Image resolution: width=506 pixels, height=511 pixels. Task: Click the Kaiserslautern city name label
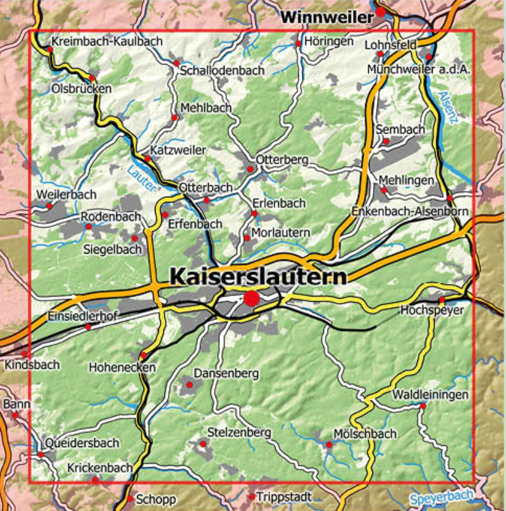258,276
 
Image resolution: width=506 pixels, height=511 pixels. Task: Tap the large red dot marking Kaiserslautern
252,299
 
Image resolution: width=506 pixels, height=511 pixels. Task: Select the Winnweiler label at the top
328,18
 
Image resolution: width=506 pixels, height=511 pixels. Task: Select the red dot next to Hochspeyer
441,300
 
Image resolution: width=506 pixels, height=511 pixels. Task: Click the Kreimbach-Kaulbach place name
108,40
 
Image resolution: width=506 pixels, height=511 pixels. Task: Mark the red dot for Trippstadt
252,497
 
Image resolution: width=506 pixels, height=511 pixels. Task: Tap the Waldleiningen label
431,395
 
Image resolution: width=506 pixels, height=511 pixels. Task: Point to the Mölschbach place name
364,434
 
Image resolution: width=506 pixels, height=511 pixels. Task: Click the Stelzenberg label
239,433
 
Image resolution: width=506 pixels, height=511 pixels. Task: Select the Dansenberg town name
226,373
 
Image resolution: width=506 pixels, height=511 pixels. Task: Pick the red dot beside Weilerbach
49,205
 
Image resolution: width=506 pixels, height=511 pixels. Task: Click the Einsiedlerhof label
82,316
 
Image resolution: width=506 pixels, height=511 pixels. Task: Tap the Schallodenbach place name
222,71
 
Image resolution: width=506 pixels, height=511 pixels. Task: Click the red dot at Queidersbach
40,454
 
